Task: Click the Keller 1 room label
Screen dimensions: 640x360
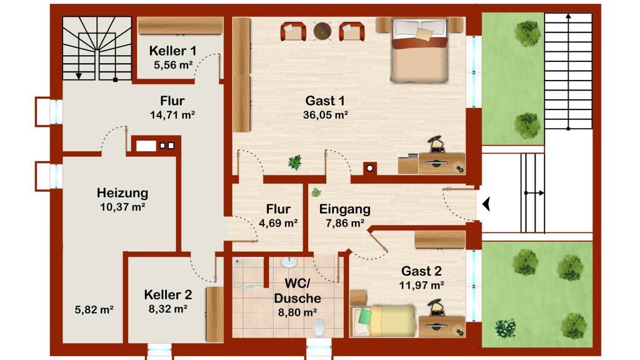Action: [172, 51]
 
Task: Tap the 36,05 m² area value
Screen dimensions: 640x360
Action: [325, 115]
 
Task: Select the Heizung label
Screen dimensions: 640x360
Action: [122, 193]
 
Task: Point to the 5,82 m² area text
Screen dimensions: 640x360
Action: [94, 310]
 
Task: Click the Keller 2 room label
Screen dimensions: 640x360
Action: [167, 295]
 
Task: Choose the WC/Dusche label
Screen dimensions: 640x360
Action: [297, 291]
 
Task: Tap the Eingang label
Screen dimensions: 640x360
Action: [345, 210]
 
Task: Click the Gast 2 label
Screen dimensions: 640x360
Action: [421, 271]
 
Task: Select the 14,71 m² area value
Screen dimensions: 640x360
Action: [172, 115]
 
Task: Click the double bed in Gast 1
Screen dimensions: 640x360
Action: [419, 50]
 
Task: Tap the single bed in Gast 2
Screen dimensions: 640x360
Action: [383, 321]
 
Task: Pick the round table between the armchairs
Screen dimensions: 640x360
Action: [322, 31]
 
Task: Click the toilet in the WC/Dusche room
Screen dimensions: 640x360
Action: [319, 328]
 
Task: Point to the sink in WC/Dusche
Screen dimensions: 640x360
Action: [289, 262]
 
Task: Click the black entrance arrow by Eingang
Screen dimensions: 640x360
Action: [486, 204]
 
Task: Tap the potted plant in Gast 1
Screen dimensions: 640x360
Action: [295, 162]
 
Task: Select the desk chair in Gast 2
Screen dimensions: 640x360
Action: [436, 307]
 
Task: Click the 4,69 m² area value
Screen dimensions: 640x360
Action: [278, 223]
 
